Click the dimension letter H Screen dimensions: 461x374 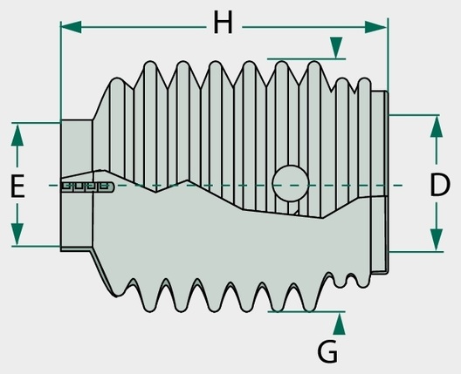[x=224, y=22]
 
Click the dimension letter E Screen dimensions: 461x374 [x=17, y=186]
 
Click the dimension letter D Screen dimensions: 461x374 [x=440, y=185]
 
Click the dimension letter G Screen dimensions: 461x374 [x=327, y=351]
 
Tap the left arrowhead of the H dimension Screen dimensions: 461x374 [x=71, y=27]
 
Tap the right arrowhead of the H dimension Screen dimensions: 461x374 [x=375, y=27]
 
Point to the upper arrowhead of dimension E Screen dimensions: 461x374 [x=17, y=135]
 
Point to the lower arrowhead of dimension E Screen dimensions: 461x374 [x=17, y=234]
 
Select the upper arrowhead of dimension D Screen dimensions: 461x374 [x=437, y=126]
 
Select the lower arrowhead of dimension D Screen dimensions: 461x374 [x=437, y=240]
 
